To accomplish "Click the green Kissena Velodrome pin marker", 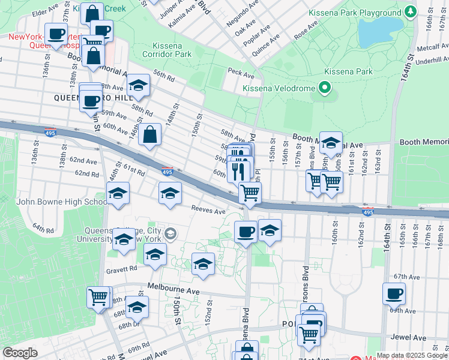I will coord(325,89).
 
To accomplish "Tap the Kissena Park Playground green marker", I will coord(411,11).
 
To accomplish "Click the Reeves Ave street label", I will coord(208,211).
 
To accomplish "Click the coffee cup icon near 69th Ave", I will coord(394,294).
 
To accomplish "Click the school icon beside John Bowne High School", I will coord(118,193).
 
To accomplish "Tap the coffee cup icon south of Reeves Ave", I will coord(245,231).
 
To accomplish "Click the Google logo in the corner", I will coord(20,353).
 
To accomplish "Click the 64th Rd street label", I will coord(43,229).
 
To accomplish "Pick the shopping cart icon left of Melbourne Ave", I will coord(98,296).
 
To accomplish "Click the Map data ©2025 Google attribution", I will coord(412,355).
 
